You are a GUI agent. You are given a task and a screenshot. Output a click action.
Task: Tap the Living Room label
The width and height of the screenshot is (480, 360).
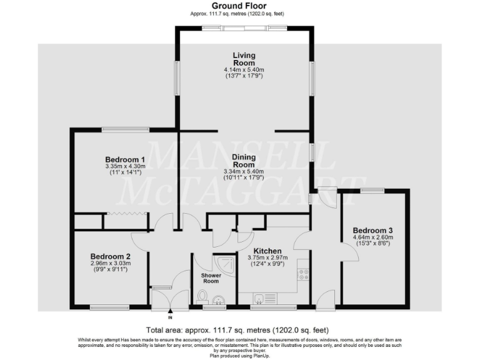(244, 59)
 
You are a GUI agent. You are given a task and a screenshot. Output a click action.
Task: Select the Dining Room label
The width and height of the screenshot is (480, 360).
(244, 161)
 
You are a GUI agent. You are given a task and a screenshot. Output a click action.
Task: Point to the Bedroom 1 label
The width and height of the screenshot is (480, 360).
(125, 159)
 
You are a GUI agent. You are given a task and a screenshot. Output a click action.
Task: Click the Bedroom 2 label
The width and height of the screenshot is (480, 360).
(110, 256)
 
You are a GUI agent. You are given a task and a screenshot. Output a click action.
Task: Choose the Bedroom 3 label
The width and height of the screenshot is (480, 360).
(372, 229)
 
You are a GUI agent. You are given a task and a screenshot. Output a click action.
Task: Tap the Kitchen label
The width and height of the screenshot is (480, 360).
(266, 251)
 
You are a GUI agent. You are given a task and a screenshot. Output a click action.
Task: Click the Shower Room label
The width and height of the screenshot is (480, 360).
(212, 278)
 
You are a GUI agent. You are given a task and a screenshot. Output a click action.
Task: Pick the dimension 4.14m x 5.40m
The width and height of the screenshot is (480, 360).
(244, 69)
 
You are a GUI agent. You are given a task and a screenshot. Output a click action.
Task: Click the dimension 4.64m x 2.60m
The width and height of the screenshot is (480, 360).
(372, 237)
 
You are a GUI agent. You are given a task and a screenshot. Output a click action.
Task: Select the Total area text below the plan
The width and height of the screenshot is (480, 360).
(237, 330)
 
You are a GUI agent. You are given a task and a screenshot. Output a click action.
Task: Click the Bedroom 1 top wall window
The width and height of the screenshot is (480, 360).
(126, 129)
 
